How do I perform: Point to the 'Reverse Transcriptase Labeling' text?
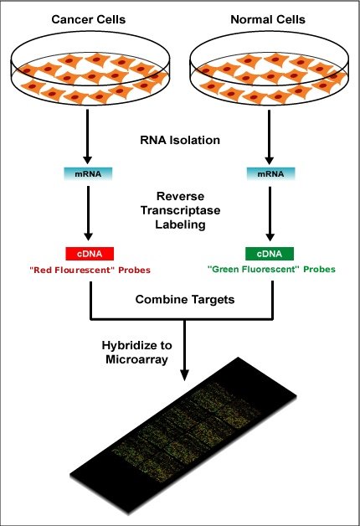pyautogui.click(x=180, y=211)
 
